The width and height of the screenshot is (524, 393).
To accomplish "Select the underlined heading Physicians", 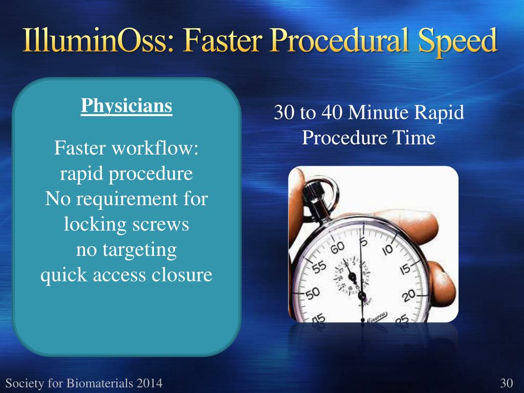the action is click(x=127, y=106).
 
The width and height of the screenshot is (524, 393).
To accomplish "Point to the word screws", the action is click(x=160, y=224).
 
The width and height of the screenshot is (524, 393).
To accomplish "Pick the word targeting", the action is click(x=139, y=250).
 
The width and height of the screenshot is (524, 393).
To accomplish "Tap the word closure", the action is click(x=182, y=275).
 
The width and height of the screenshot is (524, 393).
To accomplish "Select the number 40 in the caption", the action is click(x=332, y=112).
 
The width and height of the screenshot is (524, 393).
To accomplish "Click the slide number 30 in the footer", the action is click(x=506, y=383).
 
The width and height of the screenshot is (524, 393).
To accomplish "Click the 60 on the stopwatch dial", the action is click(x=337, y=248).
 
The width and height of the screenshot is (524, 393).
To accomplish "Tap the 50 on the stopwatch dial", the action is click(x=313, y=294).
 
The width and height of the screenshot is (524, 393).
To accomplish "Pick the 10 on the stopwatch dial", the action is click(x=388, y=249).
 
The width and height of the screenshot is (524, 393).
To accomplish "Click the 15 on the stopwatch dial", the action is click(x=405, y=269).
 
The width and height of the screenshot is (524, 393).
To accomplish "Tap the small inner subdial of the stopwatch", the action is click(x=352, y=276).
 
